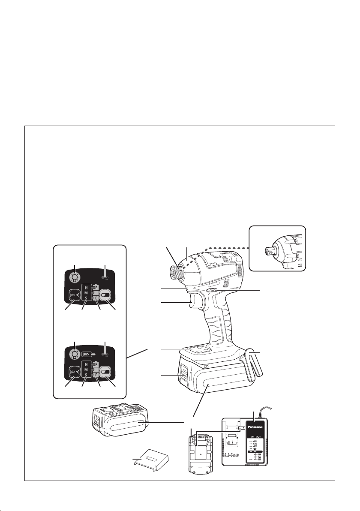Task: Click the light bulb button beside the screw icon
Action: click(75, 354)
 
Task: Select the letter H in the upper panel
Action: click(85, 287)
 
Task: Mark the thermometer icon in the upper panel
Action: click(105, 278)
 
